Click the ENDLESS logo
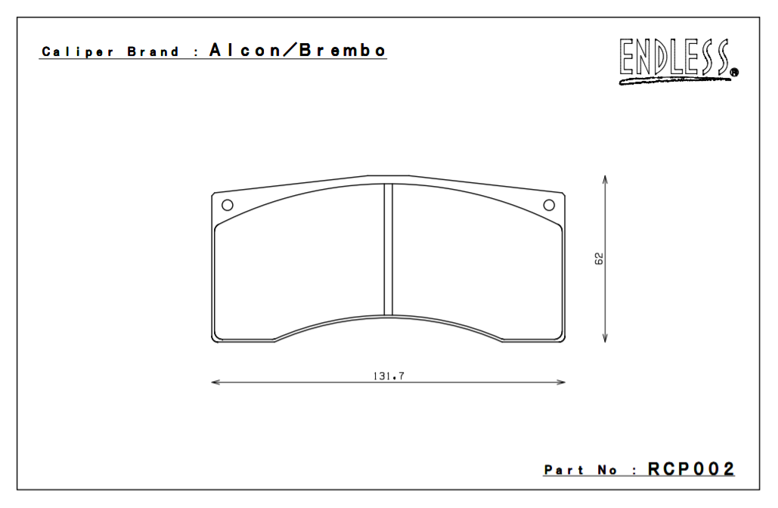tap(675, 60)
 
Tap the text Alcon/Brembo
tap(298, 51)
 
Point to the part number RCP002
tap(691, 469)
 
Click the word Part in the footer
tap(564, 470)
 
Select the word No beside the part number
tap(607, 470)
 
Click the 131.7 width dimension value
tap(388, 375)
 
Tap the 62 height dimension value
tap(599, 259)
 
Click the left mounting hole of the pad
tap(227, 205)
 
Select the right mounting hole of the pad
tap(550, 205)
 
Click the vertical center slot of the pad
tap(389, 249)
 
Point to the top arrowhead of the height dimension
tap(605, 180)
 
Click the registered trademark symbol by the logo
tap(734, 73)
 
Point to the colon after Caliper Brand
tap(196, 53)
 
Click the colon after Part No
tap(633, 471)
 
